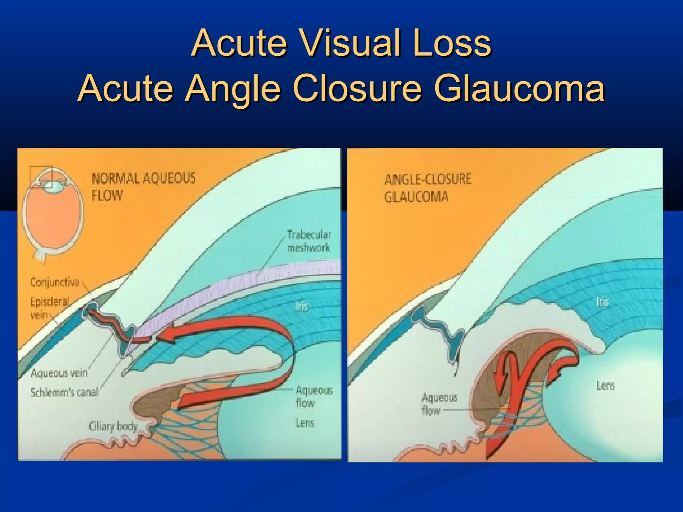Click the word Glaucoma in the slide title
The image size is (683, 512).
(x=519, y=89)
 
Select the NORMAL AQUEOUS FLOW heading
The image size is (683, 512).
(x=143, y=187)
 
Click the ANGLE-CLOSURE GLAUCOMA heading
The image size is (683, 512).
(x=428, y=188)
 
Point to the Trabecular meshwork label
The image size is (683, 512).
(x=309, y=241)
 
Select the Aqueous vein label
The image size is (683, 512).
(x=59, y=373)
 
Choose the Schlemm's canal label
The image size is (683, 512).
(x=64, y=392)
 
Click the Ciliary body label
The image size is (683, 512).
(x=113, y=426)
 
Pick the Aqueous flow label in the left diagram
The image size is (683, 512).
(x=313, y=396)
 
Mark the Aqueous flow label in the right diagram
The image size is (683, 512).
(x=439, y=404)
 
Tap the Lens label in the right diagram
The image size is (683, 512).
(x=605, y=386)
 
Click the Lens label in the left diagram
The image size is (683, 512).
(x=305, y=423)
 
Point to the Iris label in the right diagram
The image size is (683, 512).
(x=602, y=302)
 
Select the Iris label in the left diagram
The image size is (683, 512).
(x=301, y=306)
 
